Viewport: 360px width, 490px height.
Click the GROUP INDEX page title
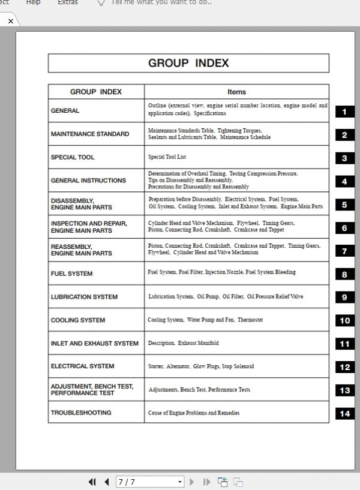click(x=188, y=63)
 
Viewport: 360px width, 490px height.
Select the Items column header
click(x=236, y=92)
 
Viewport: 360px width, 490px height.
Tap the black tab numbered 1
click(x=344, y=112)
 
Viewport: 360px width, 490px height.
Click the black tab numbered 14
click(x=344, y=413)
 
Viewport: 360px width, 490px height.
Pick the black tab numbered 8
click(x=344, y=275)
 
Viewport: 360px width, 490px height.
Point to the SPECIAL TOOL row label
click(x=73, y=157)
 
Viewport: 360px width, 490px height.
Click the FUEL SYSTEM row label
click(x=72, y=273)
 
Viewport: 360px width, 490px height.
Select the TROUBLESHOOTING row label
click(x=81, y=413)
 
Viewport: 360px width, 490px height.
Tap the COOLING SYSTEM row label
click(x=78, y=320)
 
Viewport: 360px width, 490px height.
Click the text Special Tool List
click(x=167, y=157)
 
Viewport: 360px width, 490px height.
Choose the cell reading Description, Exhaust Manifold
click(x=184, y=343)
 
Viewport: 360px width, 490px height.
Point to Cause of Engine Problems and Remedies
click(x=194, y=413)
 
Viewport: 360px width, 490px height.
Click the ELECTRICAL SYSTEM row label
click(x=83, y=366)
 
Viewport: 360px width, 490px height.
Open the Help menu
click(x=34, y=2)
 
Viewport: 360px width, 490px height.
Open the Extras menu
click(x=68, y=2)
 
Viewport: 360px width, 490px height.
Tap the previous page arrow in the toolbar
click(x=107, y=482)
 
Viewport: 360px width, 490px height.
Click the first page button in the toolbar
click(x=92, y=482)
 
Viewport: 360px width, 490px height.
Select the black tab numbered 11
click(x=344, y=344)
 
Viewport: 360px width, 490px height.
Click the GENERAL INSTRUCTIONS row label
click(x=88, y=180)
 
